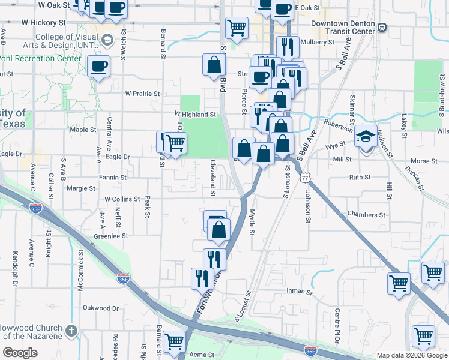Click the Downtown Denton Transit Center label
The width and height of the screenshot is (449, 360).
point(343,28)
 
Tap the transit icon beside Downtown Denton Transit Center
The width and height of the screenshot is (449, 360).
point(382,28)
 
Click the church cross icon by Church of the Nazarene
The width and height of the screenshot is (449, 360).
point(71,330)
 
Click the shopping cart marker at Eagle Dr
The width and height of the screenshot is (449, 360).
point(175,143)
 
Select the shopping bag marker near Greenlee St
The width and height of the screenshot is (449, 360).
point(219,229)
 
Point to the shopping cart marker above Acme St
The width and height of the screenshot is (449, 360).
point(175,341)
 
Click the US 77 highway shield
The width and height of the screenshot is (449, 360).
point(306,177)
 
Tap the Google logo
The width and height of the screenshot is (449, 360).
point(20,353)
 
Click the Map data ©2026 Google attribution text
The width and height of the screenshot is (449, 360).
point(412,355)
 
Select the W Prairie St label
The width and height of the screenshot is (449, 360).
point(142,94)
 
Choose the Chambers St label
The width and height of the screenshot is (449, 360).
point(366,214)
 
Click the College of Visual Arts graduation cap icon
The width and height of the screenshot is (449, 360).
point(107,40)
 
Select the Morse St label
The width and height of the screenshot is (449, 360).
point(424,161)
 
